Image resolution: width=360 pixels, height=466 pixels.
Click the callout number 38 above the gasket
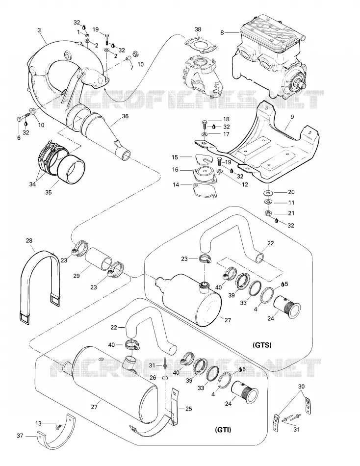[198, 29]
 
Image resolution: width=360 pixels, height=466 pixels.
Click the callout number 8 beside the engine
[222, 32]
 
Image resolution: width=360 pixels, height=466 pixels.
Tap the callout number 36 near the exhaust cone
[125, 116]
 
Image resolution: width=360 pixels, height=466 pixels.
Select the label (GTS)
[262, 345]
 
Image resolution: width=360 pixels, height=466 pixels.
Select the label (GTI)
[223, 429]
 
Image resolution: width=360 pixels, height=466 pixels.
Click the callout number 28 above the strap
[29, 240]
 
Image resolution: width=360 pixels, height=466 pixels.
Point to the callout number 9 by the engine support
[292, 117]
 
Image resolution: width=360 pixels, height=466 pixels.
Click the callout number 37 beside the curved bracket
[20, 436]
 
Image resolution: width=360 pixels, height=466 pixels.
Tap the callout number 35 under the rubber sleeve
[48, 192]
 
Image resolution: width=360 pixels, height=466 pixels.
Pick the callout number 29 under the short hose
[77, 276]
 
